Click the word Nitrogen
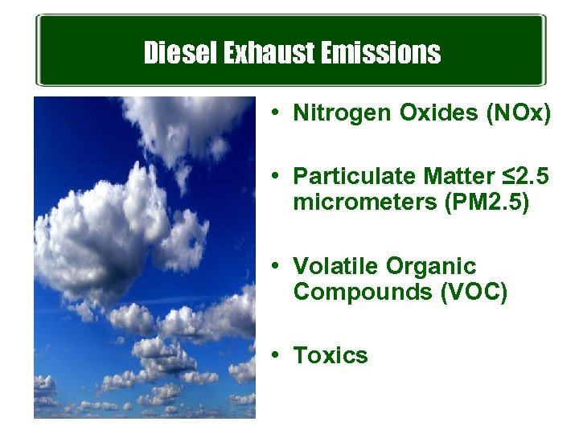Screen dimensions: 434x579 pos(343,114)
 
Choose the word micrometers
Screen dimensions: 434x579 pos(365,203)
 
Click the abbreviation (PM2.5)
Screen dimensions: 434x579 pos(486,203)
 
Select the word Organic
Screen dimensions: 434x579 pos(431,266)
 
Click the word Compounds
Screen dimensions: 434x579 pos(363,293)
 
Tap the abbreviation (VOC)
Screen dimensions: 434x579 pos(474,293)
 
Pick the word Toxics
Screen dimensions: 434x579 pos(331,355)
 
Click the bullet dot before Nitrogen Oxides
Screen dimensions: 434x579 pos(276,114)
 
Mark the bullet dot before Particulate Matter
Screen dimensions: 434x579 pos(276,176)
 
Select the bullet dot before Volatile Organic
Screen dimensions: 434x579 pos(276,265)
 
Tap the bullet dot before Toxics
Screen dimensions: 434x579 pos(276,355)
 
